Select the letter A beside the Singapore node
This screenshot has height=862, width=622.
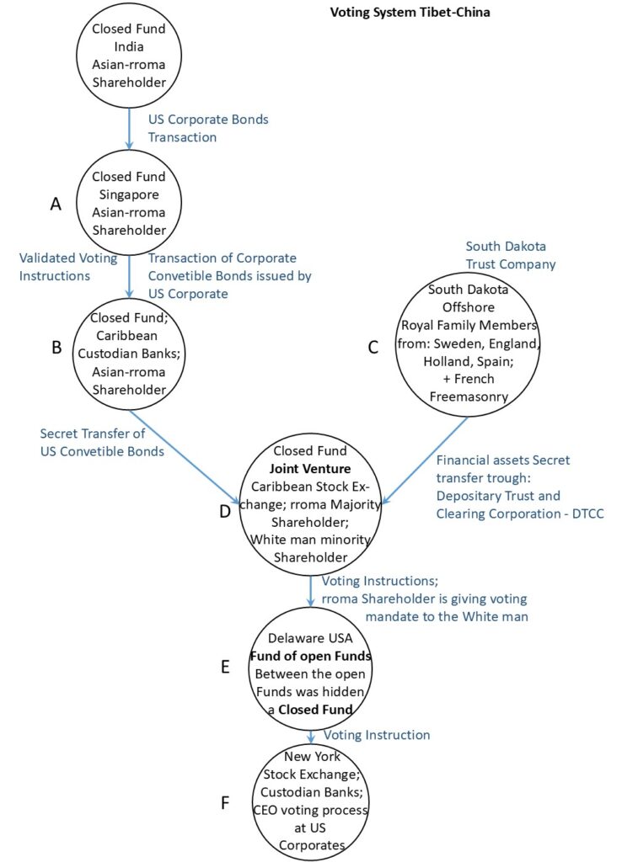[x=56, y=204]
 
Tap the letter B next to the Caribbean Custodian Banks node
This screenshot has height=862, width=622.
[x=56, y=346]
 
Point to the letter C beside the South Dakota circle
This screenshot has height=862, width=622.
[x=373, y=347]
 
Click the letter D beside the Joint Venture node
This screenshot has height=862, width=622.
[x=225, y=510]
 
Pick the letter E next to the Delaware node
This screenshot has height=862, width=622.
[x=225, y=667]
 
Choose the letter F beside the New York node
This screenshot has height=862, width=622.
[x=225, y=802]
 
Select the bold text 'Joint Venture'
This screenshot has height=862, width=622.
[x=311, y=469]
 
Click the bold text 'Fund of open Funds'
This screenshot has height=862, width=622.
[x=311, y=657]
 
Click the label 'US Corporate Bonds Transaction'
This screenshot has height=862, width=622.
[x=207, y=128]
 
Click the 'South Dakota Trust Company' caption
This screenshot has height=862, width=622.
[x=506, y=255]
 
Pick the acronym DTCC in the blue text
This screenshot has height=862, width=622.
[x=586, y=512]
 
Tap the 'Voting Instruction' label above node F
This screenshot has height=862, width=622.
[x=377, y=735]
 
